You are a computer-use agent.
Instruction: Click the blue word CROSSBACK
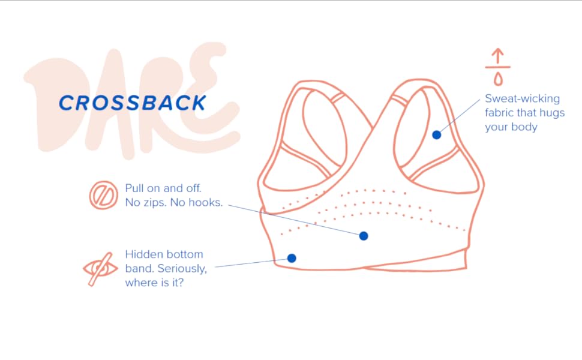coord(132,103)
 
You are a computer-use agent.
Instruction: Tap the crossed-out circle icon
coord(103,196)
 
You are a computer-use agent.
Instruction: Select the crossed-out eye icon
coord(100,268)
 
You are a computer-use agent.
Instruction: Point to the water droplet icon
coord(498,78)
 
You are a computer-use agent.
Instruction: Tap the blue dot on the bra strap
coord(437,135)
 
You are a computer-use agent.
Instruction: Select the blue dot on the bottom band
coord(292,258)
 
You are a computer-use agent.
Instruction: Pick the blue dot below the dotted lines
coord(363,236)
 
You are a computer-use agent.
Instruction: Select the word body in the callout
coord(524,127)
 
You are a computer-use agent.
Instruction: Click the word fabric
coord(500,113)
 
